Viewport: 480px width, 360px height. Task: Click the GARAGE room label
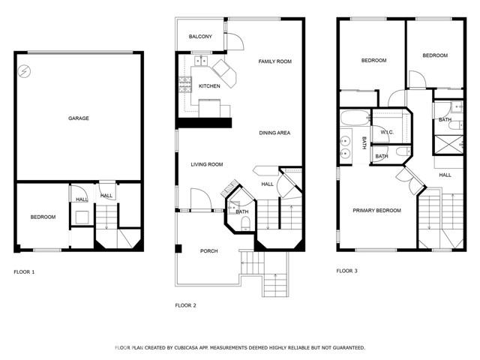pos(79,118)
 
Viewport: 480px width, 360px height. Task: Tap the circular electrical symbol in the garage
pos(25,72)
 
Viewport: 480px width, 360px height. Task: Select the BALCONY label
pos(200,37)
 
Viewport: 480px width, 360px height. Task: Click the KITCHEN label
pos(209,86)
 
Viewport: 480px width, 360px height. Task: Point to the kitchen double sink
pos(201,61)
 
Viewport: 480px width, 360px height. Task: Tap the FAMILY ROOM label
pos(275,61)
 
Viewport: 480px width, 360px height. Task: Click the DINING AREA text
pos(274,133)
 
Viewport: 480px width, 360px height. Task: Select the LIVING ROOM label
pos(207,164)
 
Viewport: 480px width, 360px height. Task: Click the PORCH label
pos(209,251)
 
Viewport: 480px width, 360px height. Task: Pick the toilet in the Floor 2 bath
pos(245,223)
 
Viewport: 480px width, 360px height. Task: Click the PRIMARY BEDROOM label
pos(376,211)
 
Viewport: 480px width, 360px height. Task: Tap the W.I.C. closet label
pos(387,132)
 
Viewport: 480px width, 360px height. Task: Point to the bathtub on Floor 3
pos(355,118)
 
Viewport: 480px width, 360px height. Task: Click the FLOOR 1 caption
pos(24,271)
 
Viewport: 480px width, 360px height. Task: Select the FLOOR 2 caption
pos(185,305)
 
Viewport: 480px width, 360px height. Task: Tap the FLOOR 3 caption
pos(346,271)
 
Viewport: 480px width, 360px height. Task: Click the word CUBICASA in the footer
pos(184,348)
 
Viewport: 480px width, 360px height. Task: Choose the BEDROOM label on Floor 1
pos(43,217)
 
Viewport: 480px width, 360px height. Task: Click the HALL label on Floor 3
pos(445,175)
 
